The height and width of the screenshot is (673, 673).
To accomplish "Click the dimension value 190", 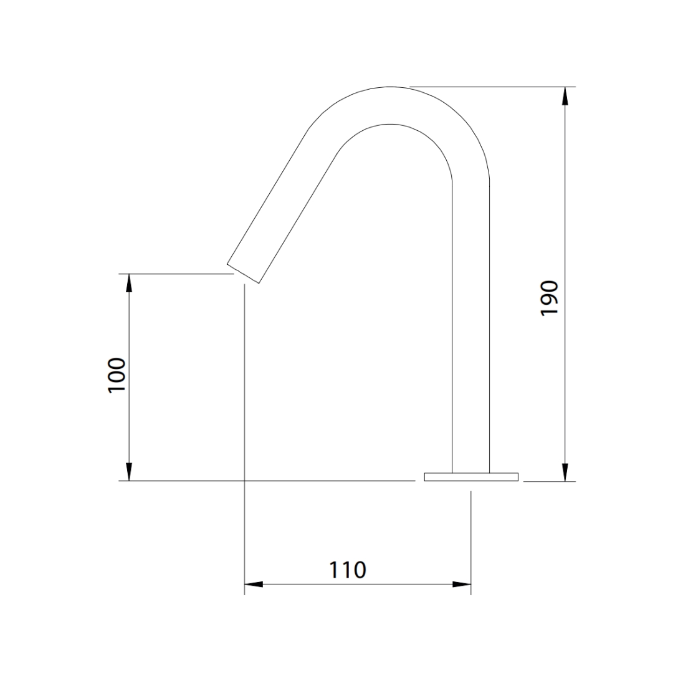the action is point(549,298).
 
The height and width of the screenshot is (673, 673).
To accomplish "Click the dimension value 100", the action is point(117,375).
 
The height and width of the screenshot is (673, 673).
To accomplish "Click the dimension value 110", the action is point(348,570).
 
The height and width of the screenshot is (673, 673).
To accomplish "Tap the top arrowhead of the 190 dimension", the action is point(565,96).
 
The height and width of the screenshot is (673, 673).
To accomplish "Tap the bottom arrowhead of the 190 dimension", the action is point(565,472).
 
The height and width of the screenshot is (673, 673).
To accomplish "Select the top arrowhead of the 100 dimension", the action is point(129,282).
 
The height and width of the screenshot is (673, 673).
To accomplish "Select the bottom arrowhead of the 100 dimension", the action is point(129,472).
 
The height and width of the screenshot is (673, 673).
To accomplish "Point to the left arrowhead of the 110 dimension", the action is point(254,584).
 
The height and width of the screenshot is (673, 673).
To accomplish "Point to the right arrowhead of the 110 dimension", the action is point(462,584).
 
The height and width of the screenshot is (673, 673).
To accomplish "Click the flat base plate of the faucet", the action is point(471,477).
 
